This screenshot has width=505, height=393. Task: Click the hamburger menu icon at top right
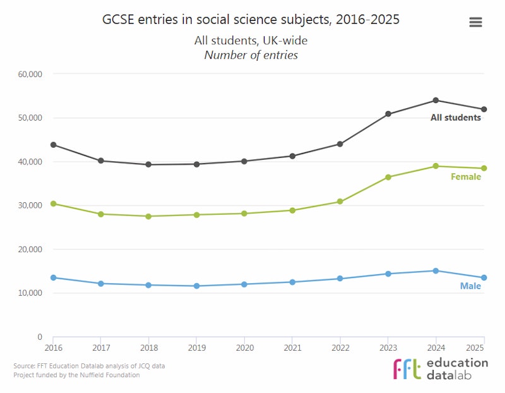[x=475, y=22]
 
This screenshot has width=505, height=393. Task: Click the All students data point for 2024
[x=436, y=100]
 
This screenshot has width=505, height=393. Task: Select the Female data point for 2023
[x=388, y=178]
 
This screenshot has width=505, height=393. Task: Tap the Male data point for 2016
[x=54, y=278]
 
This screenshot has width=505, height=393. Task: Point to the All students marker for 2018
[x=148, y=165]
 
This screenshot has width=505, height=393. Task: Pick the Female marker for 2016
[x=54, y=204]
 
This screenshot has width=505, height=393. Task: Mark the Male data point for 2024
[x=436, y=271]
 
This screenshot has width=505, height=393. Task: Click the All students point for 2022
[x=340, y=144]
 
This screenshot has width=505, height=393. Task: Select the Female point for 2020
[x=244, y=214]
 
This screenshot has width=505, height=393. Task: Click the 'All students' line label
[x=455, y=118]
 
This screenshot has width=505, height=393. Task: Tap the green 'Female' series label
[x=465, y=177]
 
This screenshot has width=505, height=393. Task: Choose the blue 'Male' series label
[x=470, y=286]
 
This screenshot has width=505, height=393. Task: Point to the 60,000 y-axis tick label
[x=30, y=74]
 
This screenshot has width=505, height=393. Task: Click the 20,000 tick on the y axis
[x=30, y=250]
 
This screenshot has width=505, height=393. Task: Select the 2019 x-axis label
[x=196, y=348]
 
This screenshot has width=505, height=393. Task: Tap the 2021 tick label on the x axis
[x=292, y=348]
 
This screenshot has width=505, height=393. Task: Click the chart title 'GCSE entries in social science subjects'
[x=251, y=20]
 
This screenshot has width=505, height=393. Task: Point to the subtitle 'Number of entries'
[x=251, y=55]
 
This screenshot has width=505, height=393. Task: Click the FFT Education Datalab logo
[x=440, y=368]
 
